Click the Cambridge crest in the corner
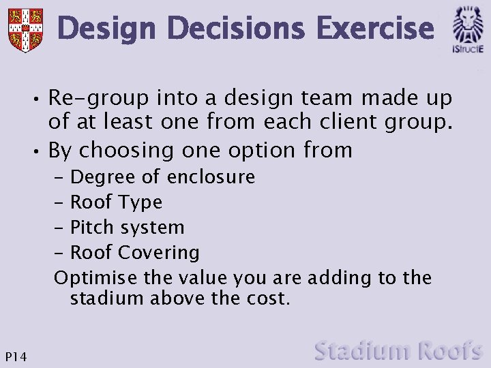tap(25, 30)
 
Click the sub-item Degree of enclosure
tap(162, 177)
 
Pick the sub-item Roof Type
tap(116, 202)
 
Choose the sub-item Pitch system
tap(128, 228)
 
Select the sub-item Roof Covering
tap(135, 253)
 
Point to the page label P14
tap(15, 356)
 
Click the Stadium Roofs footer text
tap(398, 351)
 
